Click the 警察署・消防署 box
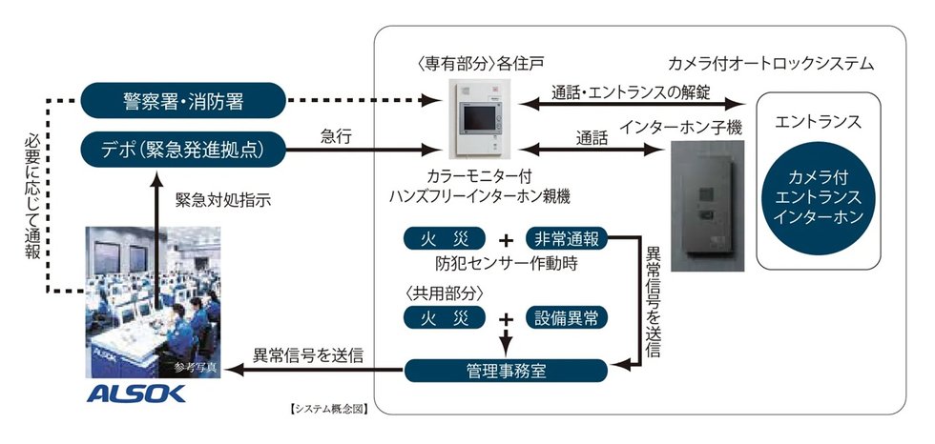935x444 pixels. pyautogui.click(x=180, y=98)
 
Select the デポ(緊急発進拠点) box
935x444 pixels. pyautogui.click(x=180, y=148)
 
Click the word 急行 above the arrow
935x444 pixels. pyautogui.click(x=336, y=137)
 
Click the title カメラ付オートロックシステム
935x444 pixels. pyautogui.click(x=784, y=65)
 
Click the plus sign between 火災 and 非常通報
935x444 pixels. pyautogui.click(x=505, y=239)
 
